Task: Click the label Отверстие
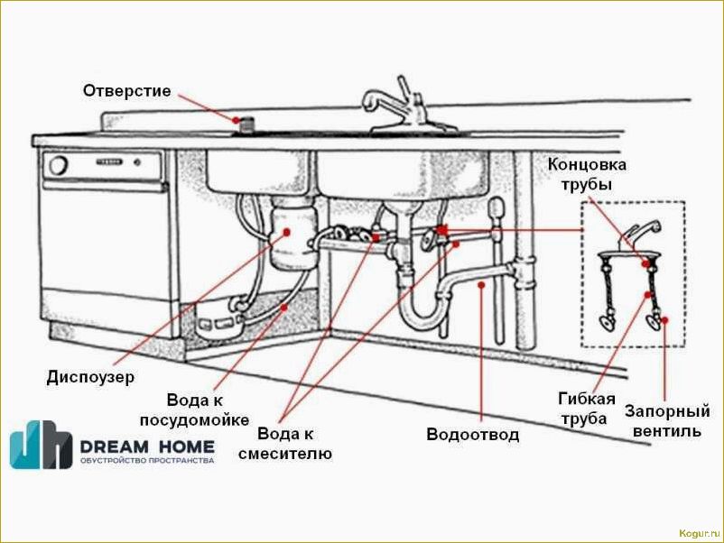[x=126, y=91]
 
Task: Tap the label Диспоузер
[x=90, y=377]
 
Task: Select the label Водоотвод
[x=472, y=435]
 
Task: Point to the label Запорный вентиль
[x=663, y=421]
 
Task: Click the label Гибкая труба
[x=587, y=409]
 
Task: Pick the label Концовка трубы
[x=586, y=175]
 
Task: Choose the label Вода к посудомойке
[x=194, y=410]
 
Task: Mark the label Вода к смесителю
[x=285, y=442]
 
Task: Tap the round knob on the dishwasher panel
[x=59, y=165]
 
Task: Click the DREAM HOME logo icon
[x=41, y=445]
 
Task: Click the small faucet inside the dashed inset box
[x=637, y=237]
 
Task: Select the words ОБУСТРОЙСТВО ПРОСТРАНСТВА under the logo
[x=147, y=461]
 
